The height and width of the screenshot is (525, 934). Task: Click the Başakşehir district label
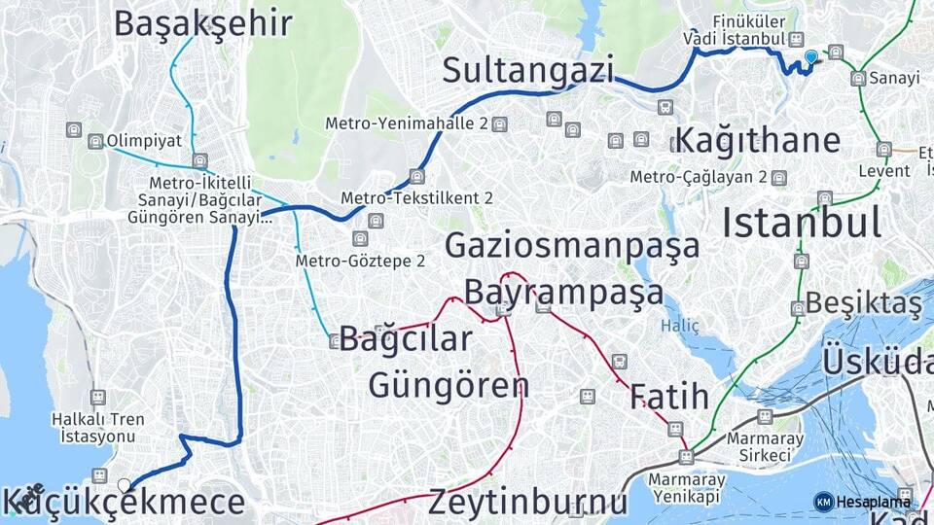pos(202,23)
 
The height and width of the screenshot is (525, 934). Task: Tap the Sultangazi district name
pos(528,70)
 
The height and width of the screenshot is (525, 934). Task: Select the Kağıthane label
pos(757,139)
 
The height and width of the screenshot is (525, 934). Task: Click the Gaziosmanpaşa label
pos(572,245)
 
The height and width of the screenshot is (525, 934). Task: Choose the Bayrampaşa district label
pos(563,291)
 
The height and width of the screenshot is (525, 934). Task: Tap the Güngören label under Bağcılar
pos(449,384)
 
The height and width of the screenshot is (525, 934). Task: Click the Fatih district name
pos(668,396)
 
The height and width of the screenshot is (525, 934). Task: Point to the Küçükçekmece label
pos(124,503)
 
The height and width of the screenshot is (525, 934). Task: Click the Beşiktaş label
pos(863,304)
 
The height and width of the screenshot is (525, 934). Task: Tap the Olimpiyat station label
pos(144,140)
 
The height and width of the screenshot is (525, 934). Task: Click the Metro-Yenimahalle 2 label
pos(406,123)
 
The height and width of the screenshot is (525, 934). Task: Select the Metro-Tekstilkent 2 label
pos(416,197)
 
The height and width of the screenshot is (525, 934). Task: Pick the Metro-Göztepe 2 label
pos(360,261)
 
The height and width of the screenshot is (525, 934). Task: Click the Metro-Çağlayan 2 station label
pos(698,177)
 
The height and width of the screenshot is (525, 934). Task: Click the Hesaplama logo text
pos(873,501)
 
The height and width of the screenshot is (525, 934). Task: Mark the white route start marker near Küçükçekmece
pos(124,484)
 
